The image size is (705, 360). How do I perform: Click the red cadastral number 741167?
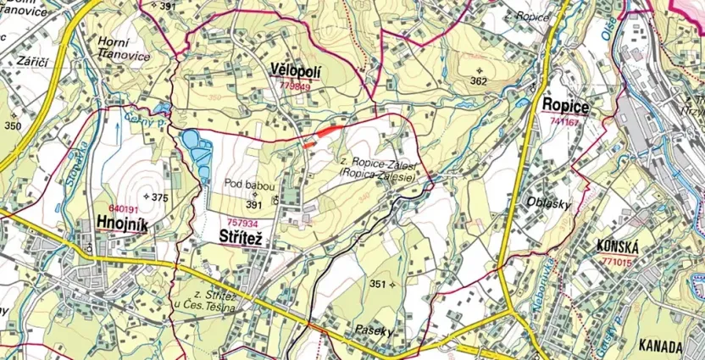564,122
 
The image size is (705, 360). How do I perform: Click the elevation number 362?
479,81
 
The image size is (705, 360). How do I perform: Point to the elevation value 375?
159,197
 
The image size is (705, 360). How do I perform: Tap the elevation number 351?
378,284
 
